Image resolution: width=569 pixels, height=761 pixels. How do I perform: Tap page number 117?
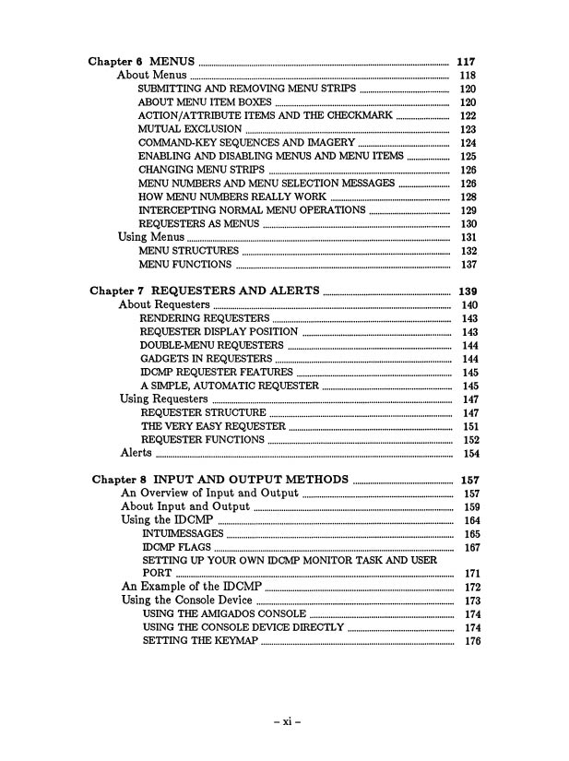[x=466, y=62]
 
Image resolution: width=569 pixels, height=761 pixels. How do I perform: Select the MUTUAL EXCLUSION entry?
[x=190, y=130]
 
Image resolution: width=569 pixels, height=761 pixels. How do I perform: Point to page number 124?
[x=468, y=144]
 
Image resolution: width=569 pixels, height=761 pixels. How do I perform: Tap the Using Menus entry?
[x=151, y=237]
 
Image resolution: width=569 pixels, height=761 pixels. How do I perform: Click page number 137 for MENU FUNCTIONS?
[x=468, y=265]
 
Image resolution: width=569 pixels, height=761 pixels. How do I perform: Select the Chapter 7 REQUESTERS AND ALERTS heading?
[x=205, y=291]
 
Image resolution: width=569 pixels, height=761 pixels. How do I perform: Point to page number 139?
[x=467, y=291]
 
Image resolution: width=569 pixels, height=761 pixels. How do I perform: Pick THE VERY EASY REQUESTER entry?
[x=213, y=426]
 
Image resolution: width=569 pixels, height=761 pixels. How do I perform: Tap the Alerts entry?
[x=136, y=453]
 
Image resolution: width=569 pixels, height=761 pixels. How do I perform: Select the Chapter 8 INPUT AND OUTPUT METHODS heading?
[x=220, y=480]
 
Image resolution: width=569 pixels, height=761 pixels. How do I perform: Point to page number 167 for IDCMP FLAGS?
[x=472, y=548]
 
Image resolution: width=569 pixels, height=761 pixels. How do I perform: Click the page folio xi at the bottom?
[x=285, y=721]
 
